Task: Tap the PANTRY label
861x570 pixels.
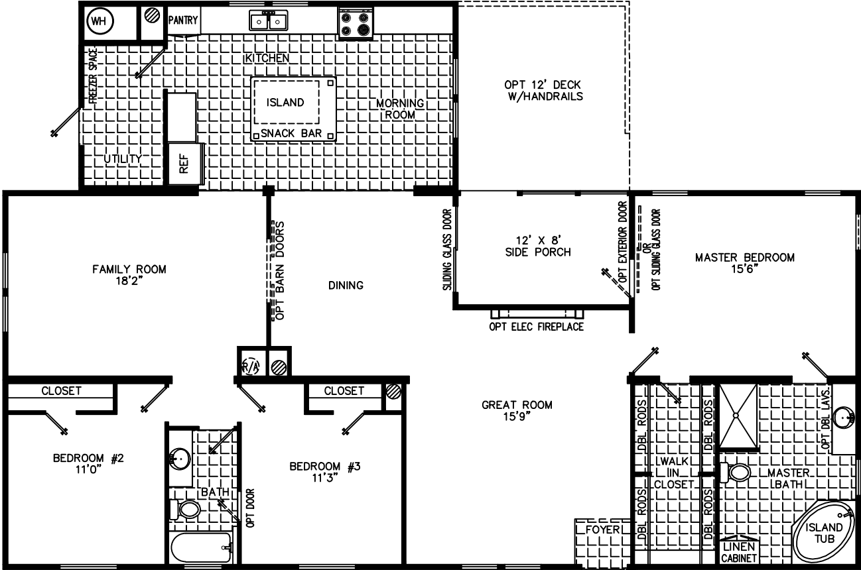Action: (x=183, y=21)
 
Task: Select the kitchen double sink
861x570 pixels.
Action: (x=268, y=22)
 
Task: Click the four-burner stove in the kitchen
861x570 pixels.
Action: (x=355, y=23)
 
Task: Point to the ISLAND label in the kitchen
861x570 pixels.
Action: (x=285, y=103)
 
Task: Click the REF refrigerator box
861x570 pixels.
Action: (x=184, y=163)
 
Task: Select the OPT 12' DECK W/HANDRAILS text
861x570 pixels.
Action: (x=543, y=90)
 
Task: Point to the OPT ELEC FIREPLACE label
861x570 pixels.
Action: (x=537, y=327)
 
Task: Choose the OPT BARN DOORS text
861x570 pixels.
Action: (x=279, y=272)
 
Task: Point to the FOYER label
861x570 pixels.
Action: (x=602, y=530)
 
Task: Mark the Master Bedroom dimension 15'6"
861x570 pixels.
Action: (x=744, y=270)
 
